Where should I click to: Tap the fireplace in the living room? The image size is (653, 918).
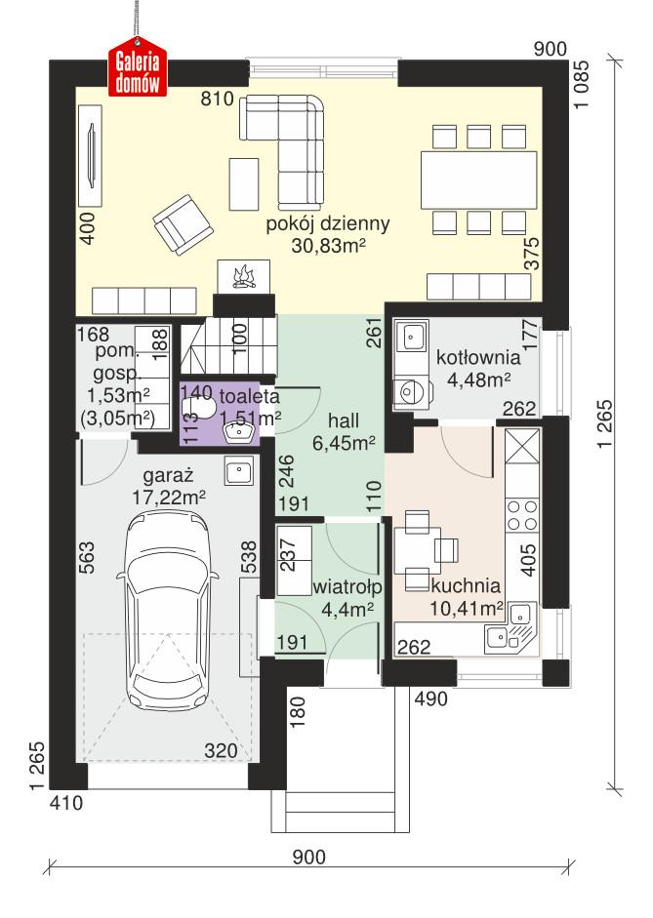(x=243, y=275)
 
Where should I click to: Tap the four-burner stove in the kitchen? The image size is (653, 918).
(x=522, y=515)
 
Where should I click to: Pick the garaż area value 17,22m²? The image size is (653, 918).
(x=169, y=497)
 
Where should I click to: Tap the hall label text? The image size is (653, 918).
(x=343, y=420)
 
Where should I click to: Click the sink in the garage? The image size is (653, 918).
(x=238, y=472)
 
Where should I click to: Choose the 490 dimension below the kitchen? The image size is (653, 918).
(x=429, y=698)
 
